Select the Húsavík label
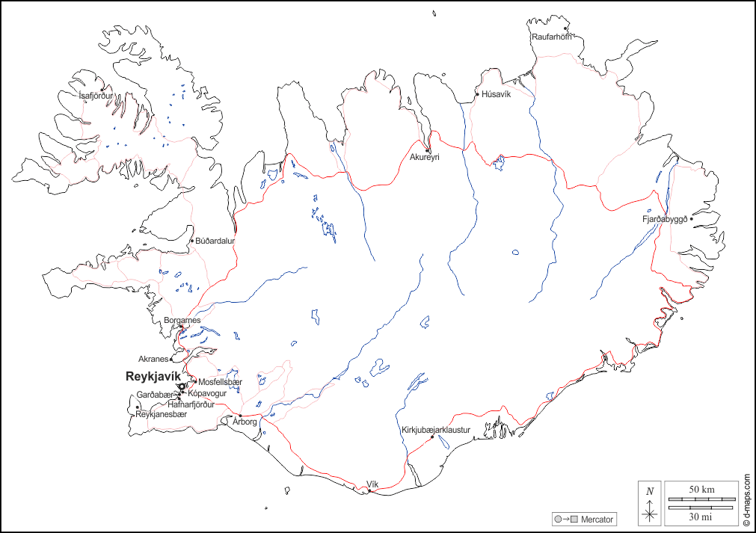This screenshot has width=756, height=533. tap(496, 94)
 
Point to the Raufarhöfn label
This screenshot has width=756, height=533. tap(552, 37)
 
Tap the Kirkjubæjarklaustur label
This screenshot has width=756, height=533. tap(435, 430)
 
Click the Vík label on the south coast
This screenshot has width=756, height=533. tap(372, 484)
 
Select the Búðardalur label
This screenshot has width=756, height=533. tap(215, 241)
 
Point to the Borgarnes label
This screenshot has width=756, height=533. tap(182, 320)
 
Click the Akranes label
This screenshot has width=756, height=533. tap(153, 359)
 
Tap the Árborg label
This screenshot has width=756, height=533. tap(245, 422)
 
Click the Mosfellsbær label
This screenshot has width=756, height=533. tap(221, 382)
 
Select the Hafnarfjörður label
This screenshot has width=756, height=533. tap(181, 404)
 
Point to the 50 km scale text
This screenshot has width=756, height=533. tap(702, 489)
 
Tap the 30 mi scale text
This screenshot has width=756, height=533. tap(702, 516)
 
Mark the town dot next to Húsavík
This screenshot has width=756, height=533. tap(477, 94)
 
